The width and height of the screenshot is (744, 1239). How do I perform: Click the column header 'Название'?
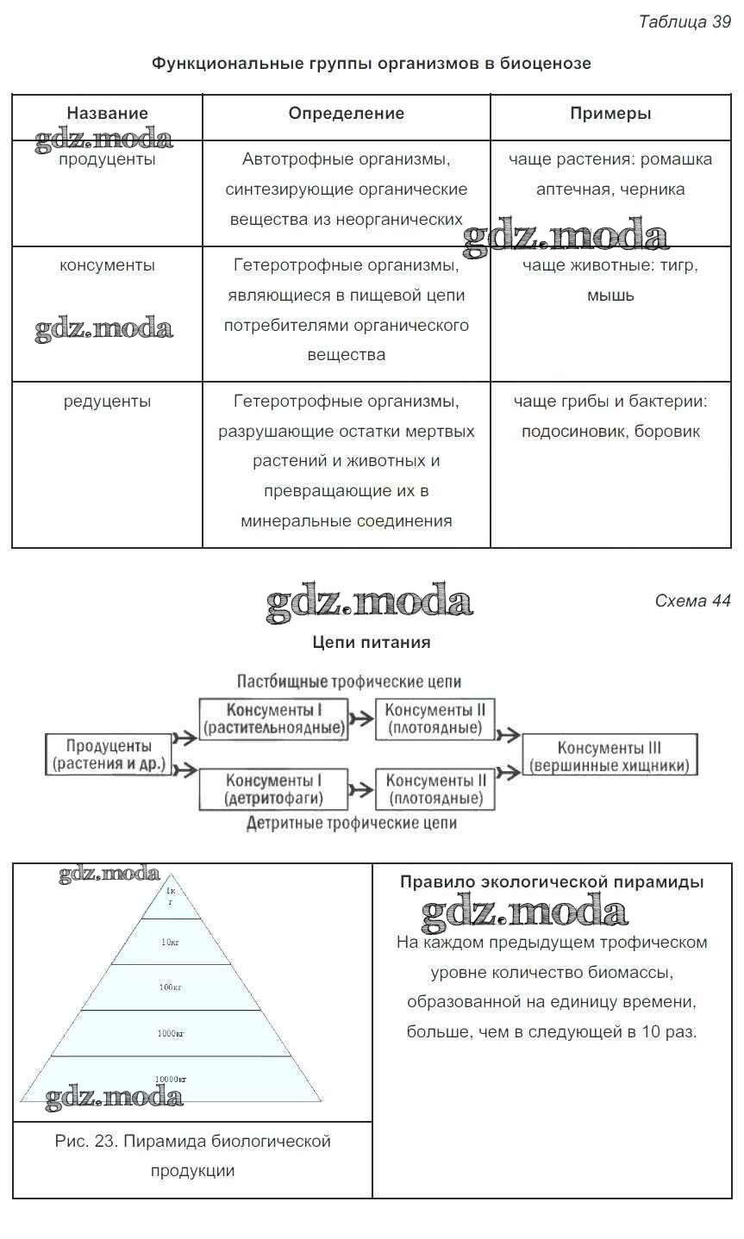[x=107, y=113]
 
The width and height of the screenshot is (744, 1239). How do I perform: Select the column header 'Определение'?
[x=346, y=113]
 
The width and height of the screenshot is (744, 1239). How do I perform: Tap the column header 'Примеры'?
[x=610, y=113]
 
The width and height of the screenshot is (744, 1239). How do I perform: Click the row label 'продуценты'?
[x=107, y=160]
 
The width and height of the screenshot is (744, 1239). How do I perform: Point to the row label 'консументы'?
[x=107, y=265]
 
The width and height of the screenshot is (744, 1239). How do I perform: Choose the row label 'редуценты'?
[x=107, y=402]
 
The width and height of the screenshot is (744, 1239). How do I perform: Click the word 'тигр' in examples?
[x=680, y=265]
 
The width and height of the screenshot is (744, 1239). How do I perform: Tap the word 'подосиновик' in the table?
[x=573, y=432]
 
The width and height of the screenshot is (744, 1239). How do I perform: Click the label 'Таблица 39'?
[x=684, y=22]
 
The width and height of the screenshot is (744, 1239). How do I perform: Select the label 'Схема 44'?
[x=692, y=601]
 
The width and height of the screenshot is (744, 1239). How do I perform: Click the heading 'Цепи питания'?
[x=371, y=642]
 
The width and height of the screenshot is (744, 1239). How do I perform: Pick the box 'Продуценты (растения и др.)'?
[x=109, y=755]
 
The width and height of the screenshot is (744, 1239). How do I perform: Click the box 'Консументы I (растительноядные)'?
[x=273, y=719]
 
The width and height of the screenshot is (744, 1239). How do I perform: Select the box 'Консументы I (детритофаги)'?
[x=273, y=789]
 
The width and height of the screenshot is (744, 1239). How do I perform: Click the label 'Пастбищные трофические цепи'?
[x=349, y=682]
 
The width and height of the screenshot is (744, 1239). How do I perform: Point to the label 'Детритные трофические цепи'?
[x=351, y=823]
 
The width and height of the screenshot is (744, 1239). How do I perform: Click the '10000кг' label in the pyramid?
[x=171, y=1079]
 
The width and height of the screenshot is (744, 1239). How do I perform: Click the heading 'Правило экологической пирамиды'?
[x=552, y=882]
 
